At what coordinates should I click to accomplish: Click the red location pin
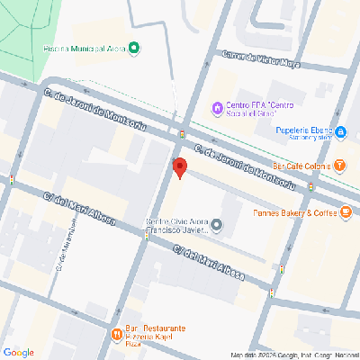click(x=179, y=167)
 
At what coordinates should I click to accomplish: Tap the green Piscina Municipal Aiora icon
click(x=134, y=48)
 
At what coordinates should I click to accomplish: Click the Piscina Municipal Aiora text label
click(x=85, y=48)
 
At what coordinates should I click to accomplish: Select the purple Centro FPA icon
click(x=217, y=109)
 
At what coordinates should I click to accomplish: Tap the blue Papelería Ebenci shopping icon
click(x=341, y=133)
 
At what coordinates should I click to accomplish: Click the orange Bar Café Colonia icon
click(x=340, y=166)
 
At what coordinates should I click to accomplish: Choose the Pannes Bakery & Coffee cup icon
click(x=346, y=213)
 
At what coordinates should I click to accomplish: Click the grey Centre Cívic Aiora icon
click(x=216, y=223)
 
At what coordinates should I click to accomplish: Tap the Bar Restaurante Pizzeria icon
click(x=116, y=335)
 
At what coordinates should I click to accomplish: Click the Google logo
click(x=18, y=352)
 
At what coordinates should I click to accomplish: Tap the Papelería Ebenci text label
click(x=303, y=133)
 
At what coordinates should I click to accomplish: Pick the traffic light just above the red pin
click(x=182, y=134)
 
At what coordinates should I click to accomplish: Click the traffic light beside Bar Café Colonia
click(x=310, y=186)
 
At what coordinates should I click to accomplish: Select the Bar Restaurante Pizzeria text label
click(x=155, y=334)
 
